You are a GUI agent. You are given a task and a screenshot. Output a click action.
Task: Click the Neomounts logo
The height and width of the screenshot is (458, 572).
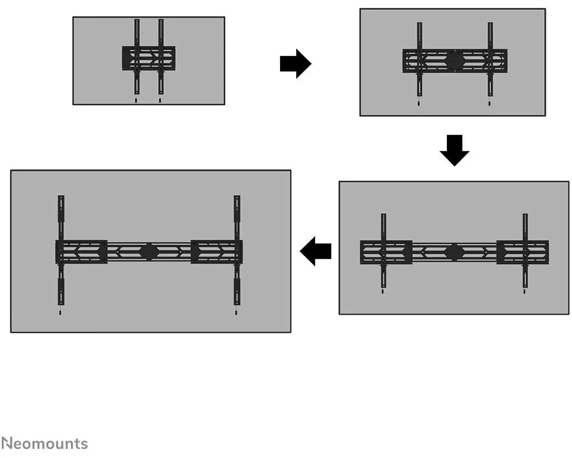tap(44, 444)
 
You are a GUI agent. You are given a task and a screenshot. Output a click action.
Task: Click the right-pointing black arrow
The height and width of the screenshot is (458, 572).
tap(296, 64)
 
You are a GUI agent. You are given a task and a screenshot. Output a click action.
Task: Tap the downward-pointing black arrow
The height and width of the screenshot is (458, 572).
tap(454, 150)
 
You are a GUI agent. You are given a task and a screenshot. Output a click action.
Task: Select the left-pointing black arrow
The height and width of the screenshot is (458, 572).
tap(316, 251)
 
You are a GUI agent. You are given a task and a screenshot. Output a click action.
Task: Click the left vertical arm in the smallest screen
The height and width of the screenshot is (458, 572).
tap(136, 57)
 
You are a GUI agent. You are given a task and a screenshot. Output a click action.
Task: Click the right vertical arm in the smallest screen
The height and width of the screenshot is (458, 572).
tap(161, 57)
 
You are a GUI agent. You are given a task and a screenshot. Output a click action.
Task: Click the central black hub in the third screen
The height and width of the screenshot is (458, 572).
tap(454, 252)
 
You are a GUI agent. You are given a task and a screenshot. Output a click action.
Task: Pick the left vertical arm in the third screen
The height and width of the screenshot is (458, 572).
tap(383, 250)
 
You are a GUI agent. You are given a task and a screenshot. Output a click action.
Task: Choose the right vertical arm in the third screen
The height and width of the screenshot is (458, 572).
tap(525, 250)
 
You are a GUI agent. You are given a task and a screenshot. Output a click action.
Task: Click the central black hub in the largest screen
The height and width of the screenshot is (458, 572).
tap(148, 251)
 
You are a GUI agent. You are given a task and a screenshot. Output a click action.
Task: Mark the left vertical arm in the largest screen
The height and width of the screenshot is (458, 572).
tap(61, 250)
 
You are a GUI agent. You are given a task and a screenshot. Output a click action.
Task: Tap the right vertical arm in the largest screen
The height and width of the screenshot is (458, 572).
tap(237, 250)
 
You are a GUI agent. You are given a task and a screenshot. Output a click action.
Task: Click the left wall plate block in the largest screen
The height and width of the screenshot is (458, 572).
tap(82, 251)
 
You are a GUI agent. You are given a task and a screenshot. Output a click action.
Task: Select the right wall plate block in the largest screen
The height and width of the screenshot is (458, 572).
tap(217, 251)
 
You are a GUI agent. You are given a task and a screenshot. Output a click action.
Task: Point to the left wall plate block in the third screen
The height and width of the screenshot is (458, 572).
tap(386, 252)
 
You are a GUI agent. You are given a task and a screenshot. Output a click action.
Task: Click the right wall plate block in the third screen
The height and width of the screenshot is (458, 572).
tap(523, 252)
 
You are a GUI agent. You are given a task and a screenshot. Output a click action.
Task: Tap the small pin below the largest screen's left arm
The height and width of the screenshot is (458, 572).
tap(60, 312)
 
